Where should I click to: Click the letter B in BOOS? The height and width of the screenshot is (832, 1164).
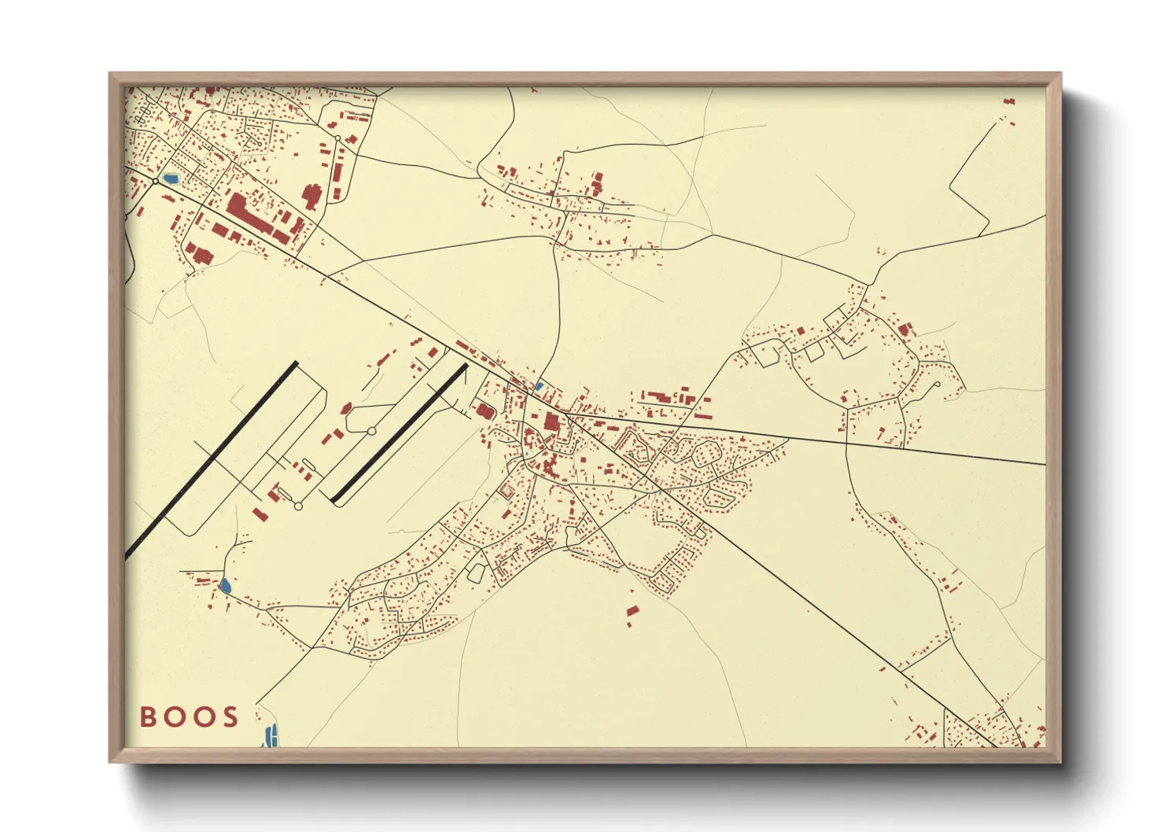148,717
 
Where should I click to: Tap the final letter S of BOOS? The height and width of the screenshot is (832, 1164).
230,717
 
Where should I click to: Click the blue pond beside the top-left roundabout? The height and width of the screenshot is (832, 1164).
170,179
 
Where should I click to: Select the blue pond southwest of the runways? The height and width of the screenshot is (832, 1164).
226,585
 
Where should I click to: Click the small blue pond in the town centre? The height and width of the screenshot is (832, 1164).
539,386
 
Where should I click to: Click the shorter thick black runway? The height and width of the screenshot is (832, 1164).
400,432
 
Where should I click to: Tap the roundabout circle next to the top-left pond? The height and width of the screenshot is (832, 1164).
156,181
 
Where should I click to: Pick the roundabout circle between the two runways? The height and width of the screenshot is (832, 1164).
372,431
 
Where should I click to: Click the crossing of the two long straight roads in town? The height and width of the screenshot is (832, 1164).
661,489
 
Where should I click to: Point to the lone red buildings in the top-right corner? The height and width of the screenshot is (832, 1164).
1009,101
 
